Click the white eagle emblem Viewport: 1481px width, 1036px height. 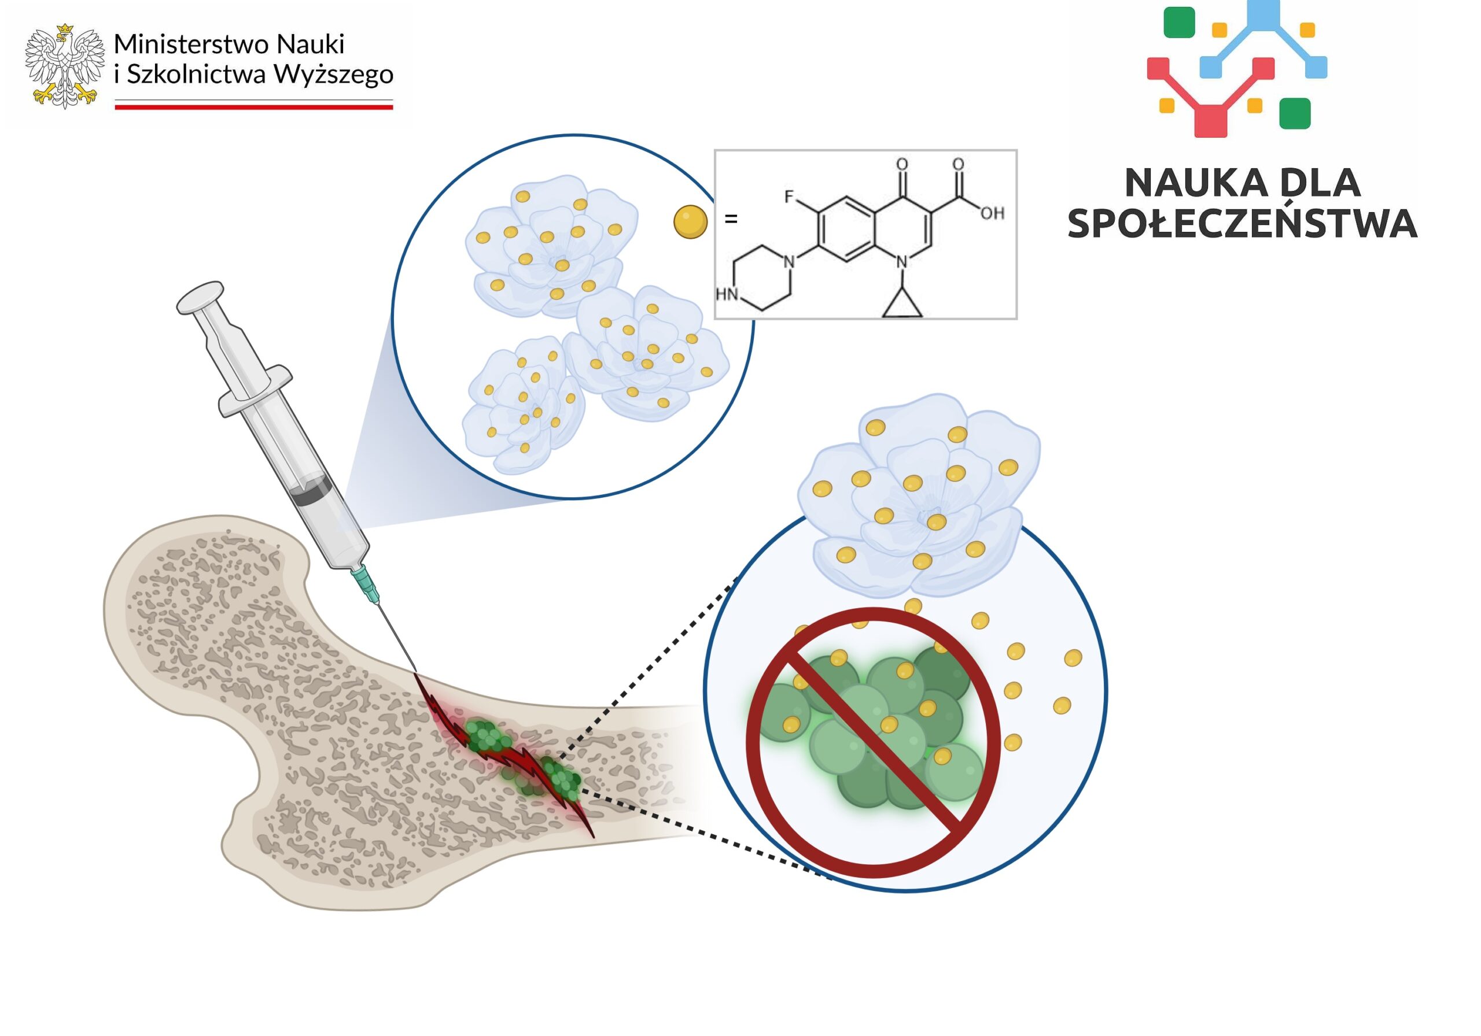point(64,66)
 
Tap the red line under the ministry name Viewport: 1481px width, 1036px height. point(253,107)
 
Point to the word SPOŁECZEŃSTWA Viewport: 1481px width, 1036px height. point(1241,224)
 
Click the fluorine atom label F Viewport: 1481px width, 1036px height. point(789,196)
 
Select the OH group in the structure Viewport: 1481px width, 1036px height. point(992,213)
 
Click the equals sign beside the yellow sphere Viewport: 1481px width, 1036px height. point(731,219)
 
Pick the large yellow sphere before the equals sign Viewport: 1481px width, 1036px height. point(690,222)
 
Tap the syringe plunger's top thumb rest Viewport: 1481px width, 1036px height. point(201,297)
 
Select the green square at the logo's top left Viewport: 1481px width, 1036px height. point(1179,23)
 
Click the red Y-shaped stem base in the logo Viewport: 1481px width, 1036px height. point(1210,121)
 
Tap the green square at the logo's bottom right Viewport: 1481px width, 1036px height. point(1295,113)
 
